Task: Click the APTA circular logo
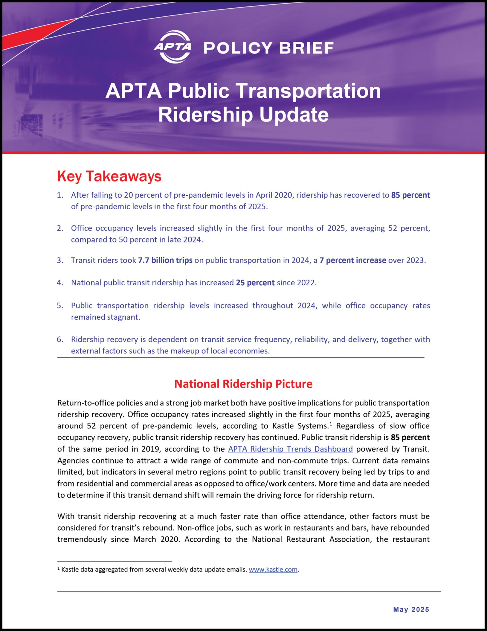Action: pos(172,47)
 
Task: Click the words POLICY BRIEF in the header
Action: pos(268,48)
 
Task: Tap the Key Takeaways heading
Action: pos(109,177)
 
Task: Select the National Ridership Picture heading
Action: pos(243,384)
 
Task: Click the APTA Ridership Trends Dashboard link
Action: pos(290,449)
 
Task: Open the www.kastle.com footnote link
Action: pos(273,569)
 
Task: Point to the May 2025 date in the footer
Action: pos(411,609)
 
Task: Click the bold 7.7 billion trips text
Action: pos(165,260)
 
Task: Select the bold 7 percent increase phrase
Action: pos(352,260)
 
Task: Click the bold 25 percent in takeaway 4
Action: pos(255,283)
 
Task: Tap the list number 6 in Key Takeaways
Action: pos(60,340)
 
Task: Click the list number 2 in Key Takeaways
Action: pos(60,228)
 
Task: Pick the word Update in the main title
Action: pos(294,115)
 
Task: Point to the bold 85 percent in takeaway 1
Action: pos(410,195)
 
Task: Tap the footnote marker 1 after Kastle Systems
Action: pos(330,424)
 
